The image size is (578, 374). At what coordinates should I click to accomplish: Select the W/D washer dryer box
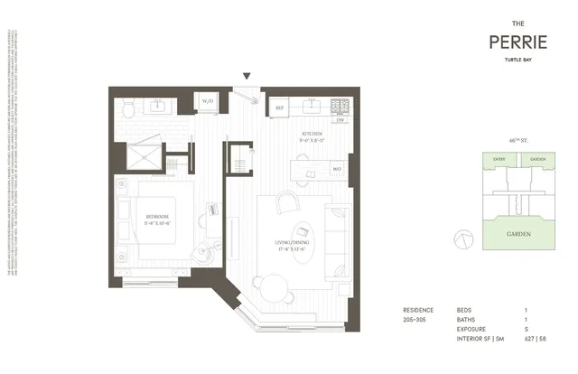click(207, 100)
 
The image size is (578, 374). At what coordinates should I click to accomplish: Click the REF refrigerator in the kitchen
click(280, 106)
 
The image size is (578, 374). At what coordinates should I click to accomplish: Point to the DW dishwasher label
click(340, 119)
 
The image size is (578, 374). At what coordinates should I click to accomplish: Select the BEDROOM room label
click(157, 217)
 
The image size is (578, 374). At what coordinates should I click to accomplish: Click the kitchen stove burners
click(340, 105)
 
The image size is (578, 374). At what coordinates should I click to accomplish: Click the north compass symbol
click(464, 238)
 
